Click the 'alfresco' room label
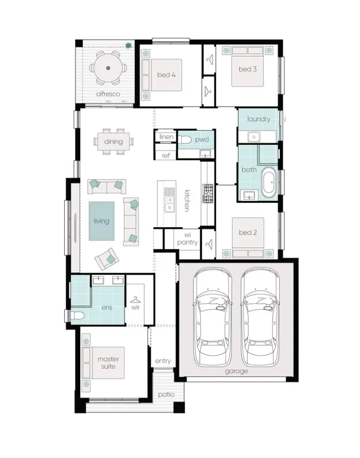pos(107,94)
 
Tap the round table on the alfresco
pos(108,68)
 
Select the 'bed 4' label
pos(166,75)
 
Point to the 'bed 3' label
pos(247,69)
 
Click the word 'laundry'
pos(259,119)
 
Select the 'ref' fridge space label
pos(166,155)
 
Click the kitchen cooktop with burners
pos(207,193)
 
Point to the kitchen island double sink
pos(170,200)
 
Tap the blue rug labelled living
pos(101,221)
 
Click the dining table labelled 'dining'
pos(113,142)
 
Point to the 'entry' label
pos(163,361)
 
